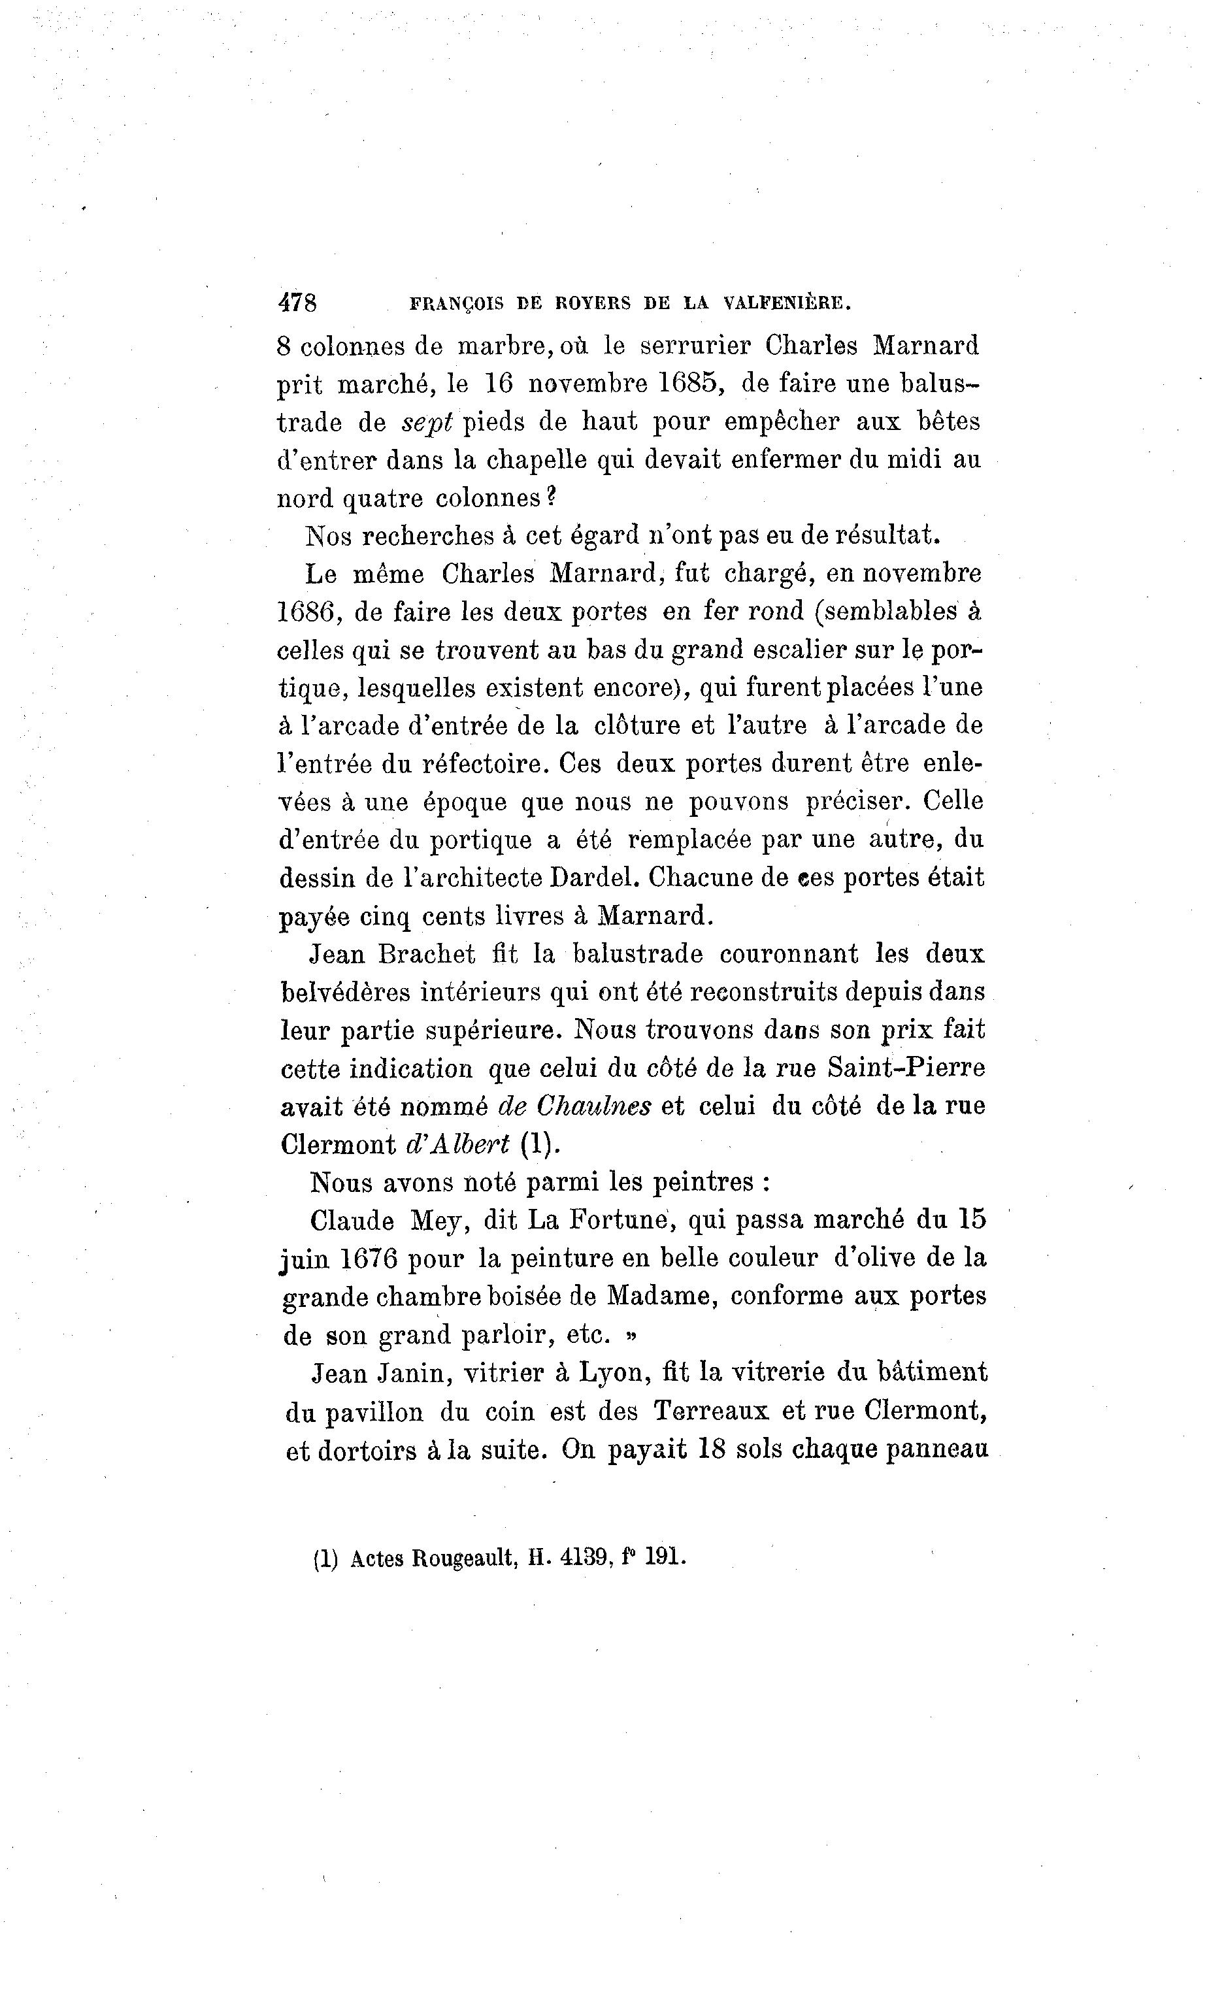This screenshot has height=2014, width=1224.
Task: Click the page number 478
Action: point(297,303)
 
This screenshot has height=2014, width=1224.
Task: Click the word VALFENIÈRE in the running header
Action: point(788,303)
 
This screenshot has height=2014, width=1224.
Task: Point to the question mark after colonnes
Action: point(551,497)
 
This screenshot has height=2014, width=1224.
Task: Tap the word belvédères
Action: point(342,992)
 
